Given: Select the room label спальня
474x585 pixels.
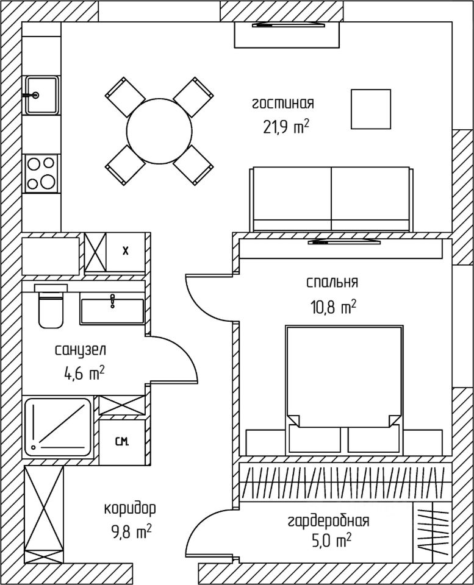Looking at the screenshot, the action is click(332, 282).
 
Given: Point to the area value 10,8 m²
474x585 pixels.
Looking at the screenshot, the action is click(333, 307).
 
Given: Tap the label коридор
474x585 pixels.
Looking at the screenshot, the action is click(129, 508).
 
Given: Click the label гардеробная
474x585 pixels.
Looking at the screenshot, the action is click(328, 521).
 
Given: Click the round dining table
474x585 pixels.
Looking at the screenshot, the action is click(159, 130).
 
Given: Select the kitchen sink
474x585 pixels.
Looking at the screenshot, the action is click(41, 95).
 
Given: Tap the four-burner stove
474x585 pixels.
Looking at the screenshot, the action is click(41, 172).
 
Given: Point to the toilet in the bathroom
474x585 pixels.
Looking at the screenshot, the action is click(50, 307).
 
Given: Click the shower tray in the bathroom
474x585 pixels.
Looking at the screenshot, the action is click(59, 427).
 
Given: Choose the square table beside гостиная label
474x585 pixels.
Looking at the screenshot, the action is click(370, 108).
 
